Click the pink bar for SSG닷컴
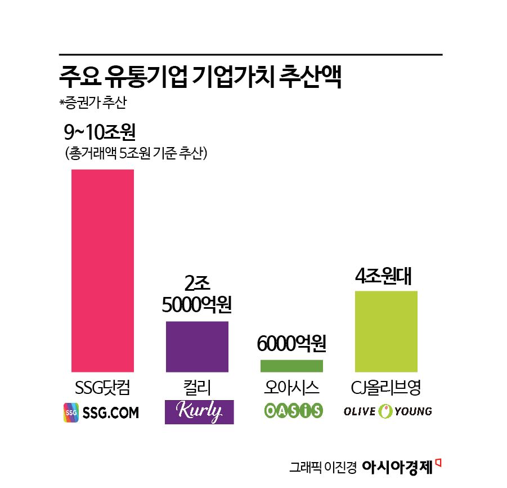[102, 270]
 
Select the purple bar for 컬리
[197, 346]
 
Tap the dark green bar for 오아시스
[291, 366]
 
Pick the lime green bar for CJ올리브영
[386, 331]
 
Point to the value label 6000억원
[291, 343]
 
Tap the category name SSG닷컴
[102, 389]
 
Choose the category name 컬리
[197, 389]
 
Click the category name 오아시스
[291, 389]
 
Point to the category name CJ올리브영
[386, 389]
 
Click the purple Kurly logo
[199, 412]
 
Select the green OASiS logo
[293, 411]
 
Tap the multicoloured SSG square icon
[71, 412]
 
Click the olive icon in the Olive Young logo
[385, 411]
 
